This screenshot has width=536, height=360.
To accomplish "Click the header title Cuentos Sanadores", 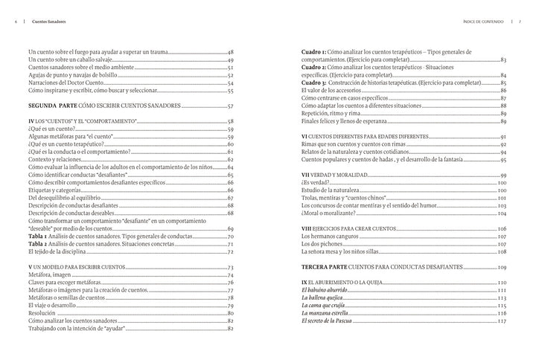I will pyautogui.click(x=43, y=22).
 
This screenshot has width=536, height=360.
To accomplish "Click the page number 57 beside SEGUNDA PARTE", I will pyautogui.click(x=230, y=107).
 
